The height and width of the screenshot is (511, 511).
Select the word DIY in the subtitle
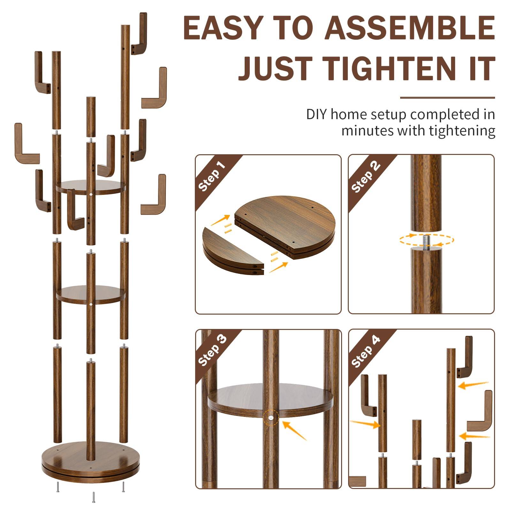pyautogui.click(x=317, y=114)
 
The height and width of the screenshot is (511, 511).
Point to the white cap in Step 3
pyautogui.click(x=271, y=417)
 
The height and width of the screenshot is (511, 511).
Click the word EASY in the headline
pyautogui.click(x=223, y=28)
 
